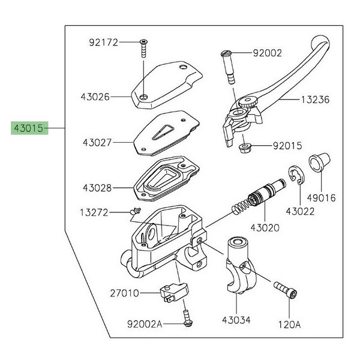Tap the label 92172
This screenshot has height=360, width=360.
click(103, 43)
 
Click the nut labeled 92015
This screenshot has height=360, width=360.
click(245, 147)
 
